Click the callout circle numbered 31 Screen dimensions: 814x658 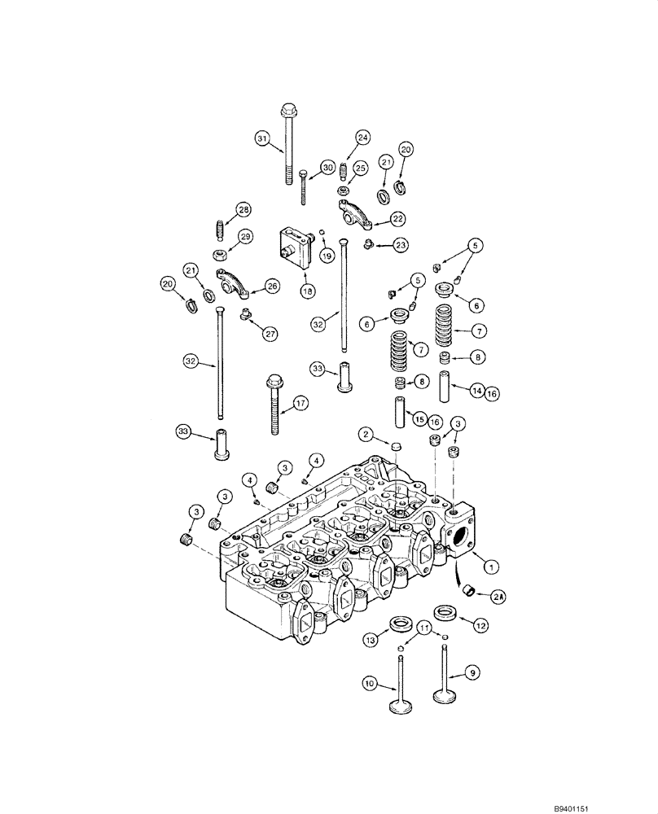click(261, 139)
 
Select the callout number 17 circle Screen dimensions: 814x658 click(300, 402)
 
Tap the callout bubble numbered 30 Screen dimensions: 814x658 click(327, 167)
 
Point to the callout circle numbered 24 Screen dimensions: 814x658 click(362, 138)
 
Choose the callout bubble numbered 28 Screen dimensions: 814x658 click(243, 211)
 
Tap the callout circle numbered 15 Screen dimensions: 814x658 click(419, 418)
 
